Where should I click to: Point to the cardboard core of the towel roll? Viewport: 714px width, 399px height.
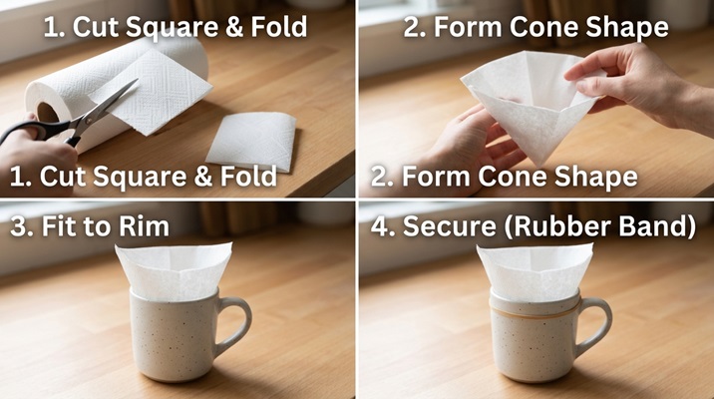coord(47,112)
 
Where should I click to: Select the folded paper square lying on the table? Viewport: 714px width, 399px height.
coord(251,142)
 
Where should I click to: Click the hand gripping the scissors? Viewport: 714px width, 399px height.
coord(34,155)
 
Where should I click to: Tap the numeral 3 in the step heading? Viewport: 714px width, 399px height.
coord(19,226)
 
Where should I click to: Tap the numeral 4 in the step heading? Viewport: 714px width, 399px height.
coord(381,226)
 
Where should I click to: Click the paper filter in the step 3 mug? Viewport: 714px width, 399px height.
coord(174,271)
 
